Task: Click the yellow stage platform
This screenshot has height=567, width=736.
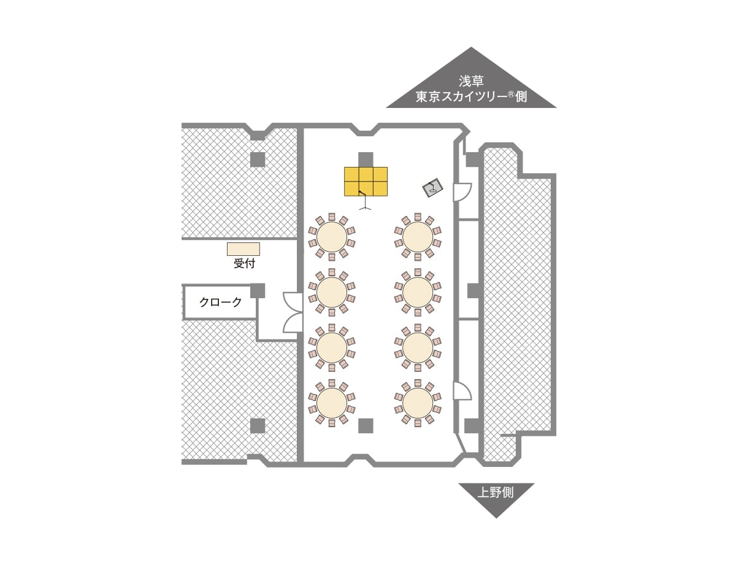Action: [366, 181]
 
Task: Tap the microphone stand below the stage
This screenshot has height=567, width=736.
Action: [366, 202]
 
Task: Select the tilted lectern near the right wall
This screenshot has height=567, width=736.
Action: [433, 188]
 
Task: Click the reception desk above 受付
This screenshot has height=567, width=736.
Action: [243, 249]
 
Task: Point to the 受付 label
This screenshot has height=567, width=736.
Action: [243, 264]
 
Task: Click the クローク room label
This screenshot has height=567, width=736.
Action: [221, 302]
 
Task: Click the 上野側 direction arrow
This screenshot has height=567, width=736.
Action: [496, 496]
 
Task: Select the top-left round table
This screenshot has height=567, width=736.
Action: [332, 236]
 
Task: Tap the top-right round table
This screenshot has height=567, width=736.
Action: [418, 236]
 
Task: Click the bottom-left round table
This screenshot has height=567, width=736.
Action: [332, 402]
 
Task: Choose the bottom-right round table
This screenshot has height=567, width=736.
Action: [418, 402]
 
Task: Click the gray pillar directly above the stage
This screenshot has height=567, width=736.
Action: [366, 159]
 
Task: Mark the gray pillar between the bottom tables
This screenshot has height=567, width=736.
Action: [366, 425]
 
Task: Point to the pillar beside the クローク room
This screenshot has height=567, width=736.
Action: [258, 290]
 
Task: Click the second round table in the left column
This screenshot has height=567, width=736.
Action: [332, 291]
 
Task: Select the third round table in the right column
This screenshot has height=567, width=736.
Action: [418, 347]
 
